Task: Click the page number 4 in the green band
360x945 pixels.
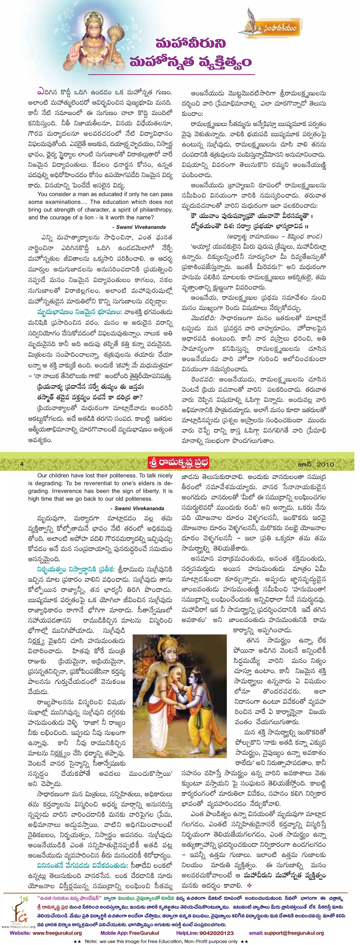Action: [22, 464]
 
